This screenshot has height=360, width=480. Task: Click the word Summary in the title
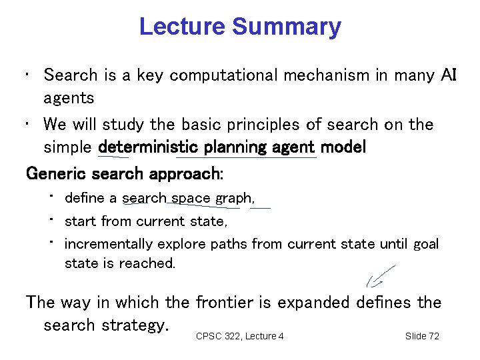(287, 27)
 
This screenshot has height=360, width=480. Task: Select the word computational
(223, 75)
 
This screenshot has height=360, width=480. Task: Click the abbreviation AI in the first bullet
(449, 75)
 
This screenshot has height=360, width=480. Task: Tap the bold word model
(345, 147)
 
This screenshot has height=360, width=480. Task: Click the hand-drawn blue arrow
(379, 277)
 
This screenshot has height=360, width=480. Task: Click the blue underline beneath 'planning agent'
(247, 159)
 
